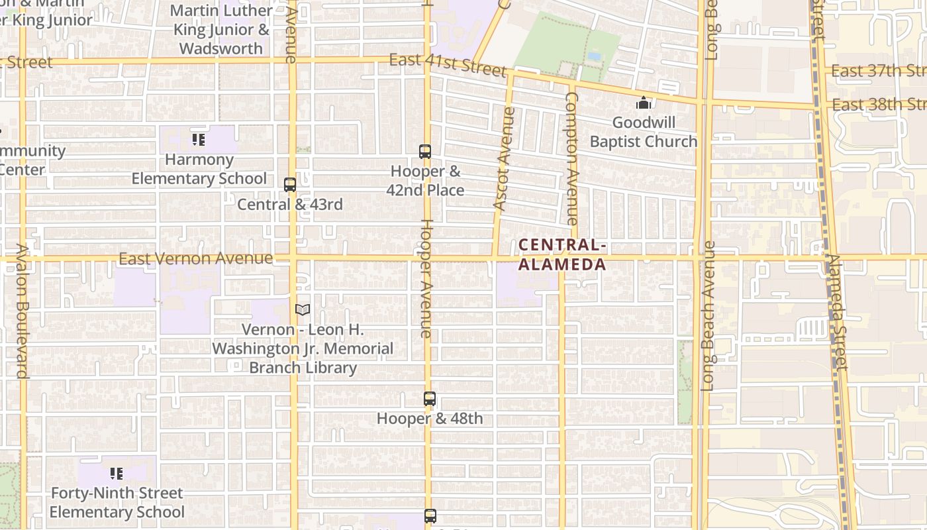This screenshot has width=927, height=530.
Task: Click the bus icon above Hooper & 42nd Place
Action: click(x=425, y=152)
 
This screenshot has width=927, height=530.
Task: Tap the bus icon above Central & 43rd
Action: click(x=290, y=185)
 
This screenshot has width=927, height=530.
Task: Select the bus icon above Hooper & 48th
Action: click(x=430, y=399)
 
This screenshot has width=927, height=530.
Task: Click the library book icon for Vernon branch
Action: click(x=303, y=309)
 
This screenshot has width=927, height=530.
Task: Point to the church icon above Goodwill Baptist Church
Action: click(x=644, y=103)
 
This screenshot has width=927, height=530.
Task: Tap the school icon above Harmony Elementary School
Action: click(x=199, y=139)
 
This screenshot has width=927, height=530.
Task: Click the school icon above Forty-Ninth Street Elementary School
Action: click(x=117, y=474)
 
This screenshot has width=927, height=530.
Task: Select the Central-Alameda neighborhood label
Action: click(x=562, y=255)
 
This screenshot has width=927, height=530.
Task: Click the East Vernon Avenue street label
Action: click(x=195, y=258)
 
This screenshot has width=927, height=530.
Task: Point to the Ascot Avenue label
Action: click(x=504, y=159)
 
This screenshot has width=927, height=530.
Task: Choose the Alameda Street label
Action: click(x=838, y=311)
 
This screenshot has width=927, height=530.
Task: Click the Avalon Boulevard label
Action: click(x=23, y=311)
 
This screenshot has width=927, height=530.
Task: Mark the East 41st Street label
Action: click(x=447, y=64)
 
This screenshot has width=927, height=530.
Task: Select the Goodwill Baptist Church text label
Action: click(x=643, y=132)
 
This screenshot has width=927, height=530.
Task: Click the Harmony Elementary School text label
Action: click(x=199, y=169)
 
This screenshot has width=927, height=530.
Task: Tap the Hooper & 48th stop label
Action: click(x=430, y=419)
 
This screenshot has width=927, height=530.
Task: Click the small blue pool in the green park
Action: click(x=594, y=56)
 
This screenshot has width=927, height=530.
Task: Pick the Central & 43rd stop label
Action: click(x=290, y=204)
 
